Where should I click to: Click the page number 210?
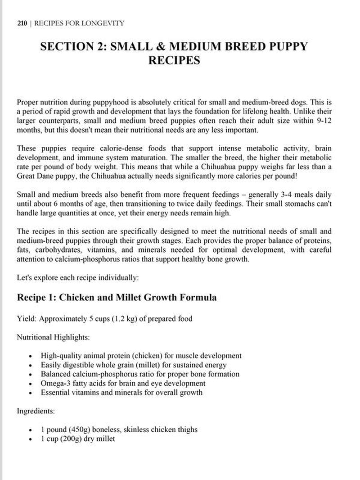22,23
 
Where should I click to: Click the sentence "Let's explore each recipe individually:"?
77,278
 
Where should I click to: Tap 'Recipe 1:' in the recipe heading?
36,298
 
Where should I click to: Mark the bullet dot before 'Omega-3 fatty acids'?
30,384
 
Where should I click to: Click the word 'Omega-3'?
54,383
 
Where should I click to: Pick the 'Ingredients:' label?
36,411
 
